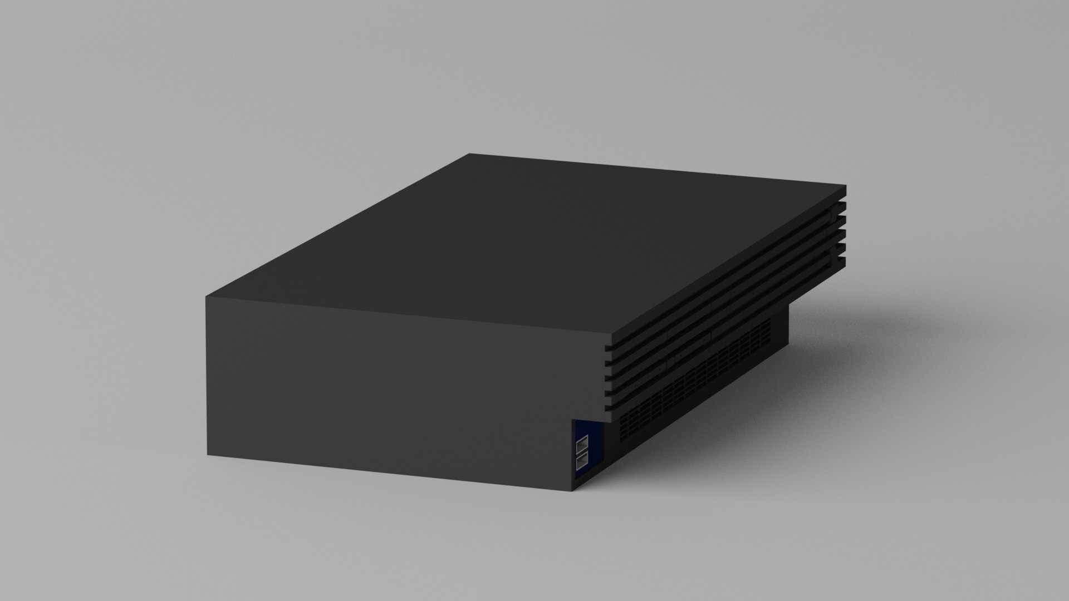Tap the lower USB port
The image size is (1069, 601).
coord(582,461)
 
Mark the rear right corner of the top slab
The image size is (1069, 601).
coord(845,186)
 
